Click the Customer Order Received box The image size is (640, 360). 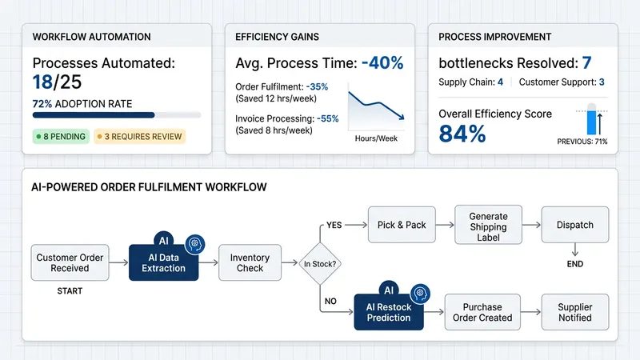tap(70, 262)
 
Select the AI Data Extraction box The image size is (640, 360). tap(163, 263)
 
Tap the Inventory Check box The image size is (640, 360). tap(250, 263)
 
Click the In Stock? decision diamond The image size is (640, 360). tap(318, 263)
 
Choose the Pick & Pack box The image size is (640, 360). tap(401, 225)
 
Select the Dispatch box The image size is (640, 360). tap(574, 225)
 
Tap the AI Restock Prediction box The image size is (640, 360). tap(388, 312)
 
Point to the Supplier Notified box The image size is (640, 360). tap(574, 312)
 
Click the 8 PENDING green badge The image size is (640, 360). tap(61, 136)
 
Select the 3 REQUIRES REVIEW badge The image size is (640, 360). tap(140, 136)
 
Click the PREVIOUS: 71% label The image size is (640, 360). tap(582, 142)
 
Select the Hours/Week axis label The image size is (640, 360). tap(375, 138)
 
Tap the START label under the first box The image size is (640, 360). tap(70, 291)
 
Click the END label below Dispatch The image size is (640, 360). tap(574, 263)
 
